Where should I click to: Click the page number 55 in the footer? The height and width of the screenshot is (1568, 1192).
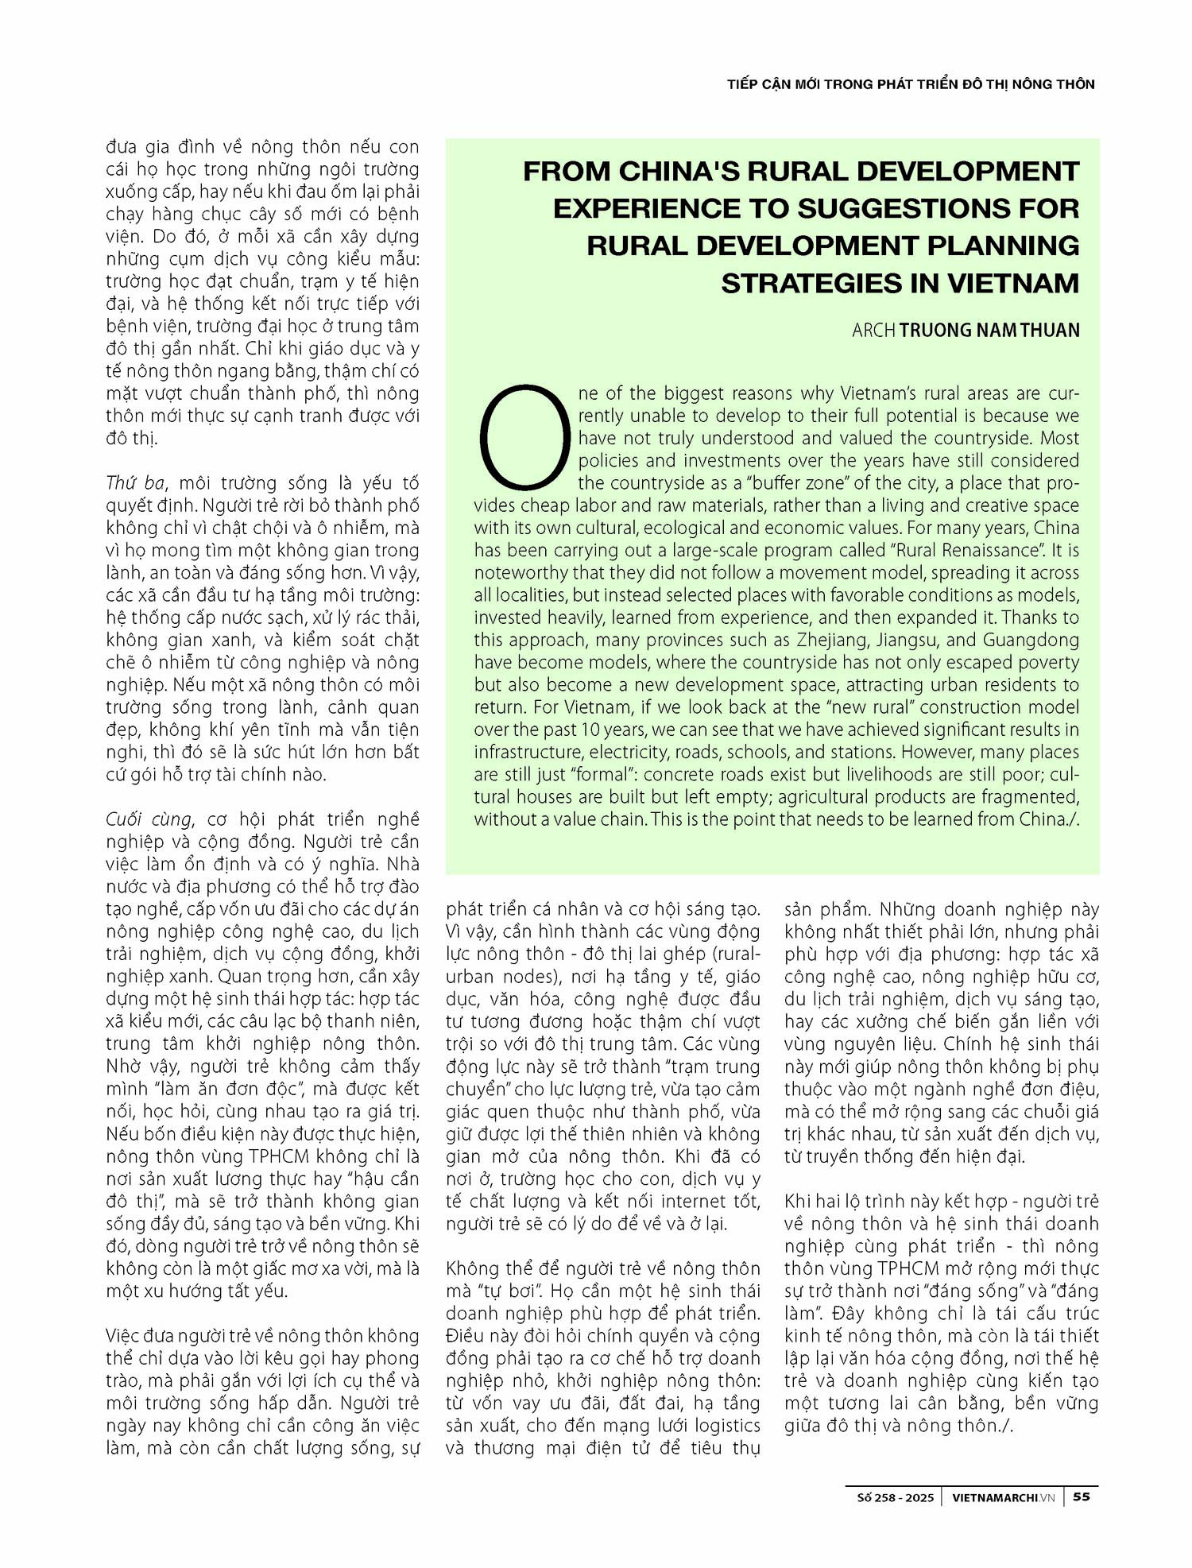pyautogui.click(x=1082, y=1496)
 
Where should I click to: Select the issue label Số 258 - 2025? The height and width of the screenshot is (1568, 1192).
pyautogui.click(x=895, y=1497)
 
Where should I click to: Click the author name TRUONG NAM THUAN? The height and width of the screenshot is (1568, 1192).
pyautogui.click(x=989, y=330)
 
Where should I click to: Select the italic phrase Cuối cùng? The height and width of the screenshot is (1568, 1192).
pyautogui.click(x=149, y=819)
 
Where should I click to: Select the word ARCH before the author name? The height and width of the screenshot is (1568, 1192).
pyautogui.click(x=873, y=330)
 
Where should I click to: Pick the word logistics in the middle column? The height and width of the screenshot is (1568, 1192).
pyautogui.click(x=716, y=1426)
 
